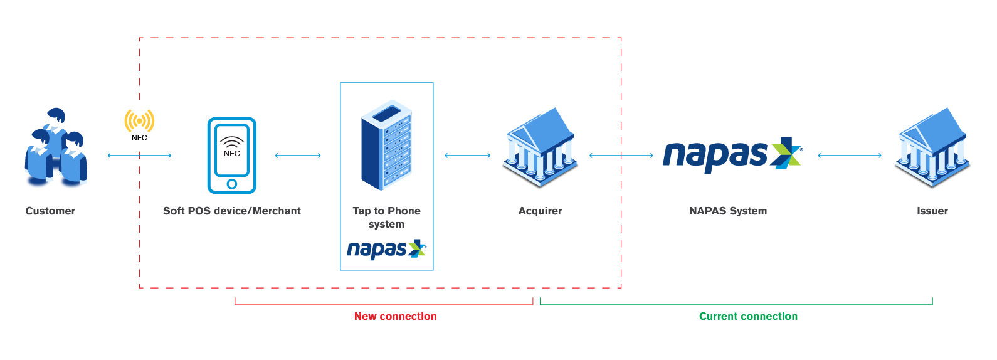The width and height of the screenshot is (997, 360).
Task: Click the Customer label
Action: tap(50, 211)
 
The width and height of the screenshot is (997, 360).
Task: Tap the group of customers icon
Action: tap(55, 149)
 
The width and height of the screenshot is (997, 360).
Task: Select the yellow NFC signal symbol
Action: tap(139, 121)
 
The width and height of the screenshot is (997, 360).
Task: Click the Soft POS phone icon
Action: tap(231, 155)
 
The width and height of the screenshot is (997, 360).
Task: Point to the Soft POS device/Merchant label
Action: tap(231, 211)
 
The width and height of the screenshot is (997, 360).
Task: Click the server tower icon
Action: tap(386, 145)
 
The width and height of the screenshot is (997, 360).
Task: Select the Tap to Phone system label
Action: tap(386, 217)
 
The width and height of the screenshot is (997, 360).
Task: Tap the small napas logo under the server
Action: tap(386, 250)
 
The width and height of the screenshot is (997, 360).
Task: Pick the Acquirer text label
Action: tap(540, 211)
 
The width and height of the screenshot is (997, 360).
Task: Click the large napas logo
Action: tap(732, 154)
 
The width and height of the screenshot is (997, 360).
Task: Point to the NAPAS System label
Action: tap(728, 211)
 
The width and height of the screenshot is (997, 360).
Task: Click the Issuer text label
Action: tap(932, 211)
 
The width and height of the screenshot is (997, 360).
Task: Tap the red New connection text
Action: tap(395, 316)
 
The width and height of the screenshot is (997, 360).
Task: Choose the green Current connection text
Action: tap(748, 316)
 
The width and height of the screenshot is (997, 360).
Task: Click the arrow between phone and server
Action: tap(298, 156)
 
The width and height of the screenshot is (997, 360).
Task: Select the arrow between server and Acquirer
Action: tap(467, 156)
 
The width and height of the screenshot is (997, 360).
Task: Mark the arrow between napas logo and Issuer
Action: tap(850, 156)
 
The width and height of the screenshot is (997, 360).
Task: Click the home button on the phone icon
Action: tap(231, 184)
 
